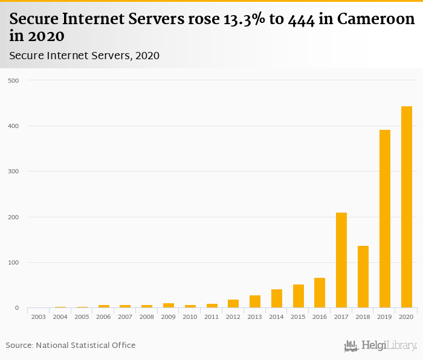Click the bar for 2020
click(x=406, y=207)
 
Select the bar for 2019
click(x=384, y=219)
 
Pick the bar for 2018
click(x=363, y=277)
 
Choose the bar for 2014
click(x=276, y=298)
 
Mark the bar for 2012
click(x=233, y=303)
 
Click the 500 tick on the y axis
click(x=13, y=80)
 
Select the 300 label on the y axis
click(x=13, y=172)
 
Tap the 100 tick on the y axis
click(x=13, y=263)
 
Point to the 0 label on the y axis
click(x=16, y=308)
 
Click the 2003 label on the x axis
click(x=38, y=317)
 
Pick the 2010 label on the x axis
click(x=190, y=317)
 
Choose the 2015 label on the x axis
click(x=298, y=317)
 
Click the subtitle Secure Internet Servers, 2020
click(x=84, y=56)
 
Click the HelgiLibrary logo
click(x=381, y=346)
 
